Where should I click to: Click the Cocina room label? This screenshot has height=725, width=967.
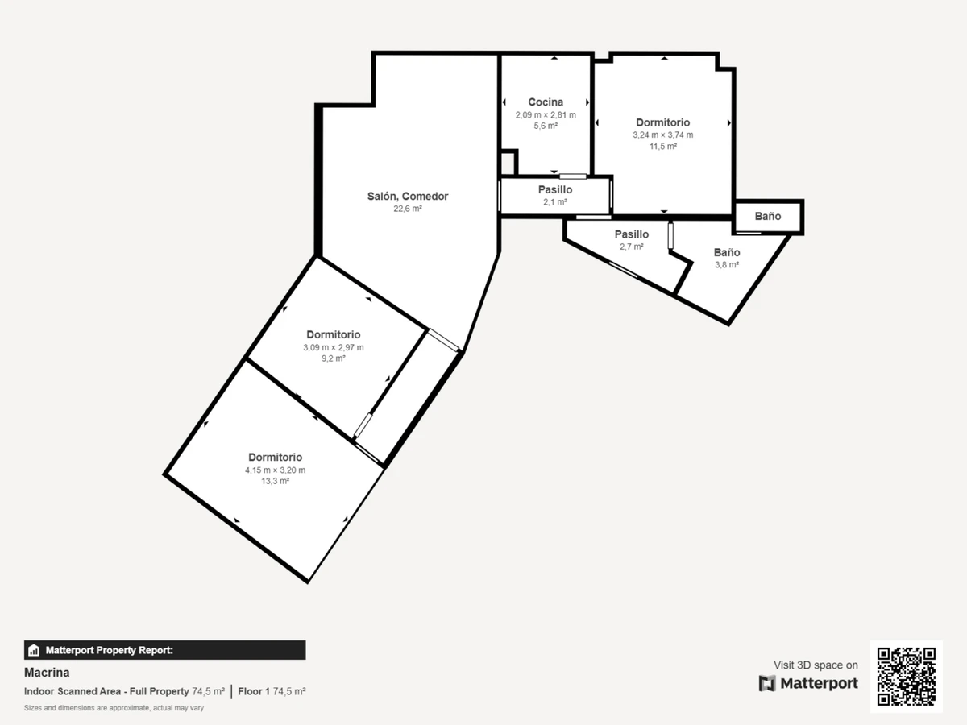[x=546, y=102]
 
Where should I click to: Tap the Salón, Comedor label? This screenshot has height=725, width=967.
[x=408, y=197]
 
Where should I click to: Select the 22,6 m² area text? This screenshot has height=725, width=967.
[x=408, y=209]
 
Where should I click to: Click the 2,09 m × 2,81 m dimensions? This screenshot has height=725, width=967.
[x=546, y=115]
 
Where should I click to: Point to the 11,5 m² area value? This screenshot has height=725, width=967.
[x=662, y=146]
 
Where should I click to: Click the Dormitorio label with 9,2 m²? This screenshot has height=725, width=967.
[x=333, y=334]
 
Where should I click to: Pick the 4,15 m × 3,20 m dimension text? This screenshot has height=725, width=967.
[x=275, y=470]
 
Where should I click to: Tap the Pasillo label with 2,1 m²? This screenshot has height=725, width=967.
[x=555, y=190]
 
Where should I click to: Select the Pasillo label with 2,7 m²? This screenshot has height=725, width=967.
[x=631, y=234]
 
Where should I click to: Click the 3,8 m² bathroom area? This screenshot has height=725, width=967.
[x=727, y=264]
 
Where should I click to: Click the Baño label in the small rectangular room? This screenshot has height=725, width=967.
[x=767, y=216]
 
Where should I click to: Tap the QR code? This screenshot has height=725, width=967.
[x=907, y=676]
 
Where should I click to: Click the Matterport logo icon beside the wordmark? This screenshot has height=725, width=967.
[x=767, y=684]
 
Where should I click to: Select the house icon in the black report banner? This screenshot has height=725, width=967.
[x=34, y=650]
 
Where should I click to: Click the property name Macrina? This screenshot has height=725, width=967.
[x=47, y=673]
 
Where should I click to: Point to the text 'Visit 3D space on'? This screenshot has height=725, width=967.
[x=816, y=665]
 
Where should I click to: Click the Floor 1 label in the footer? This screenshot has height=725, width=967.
[x=254, y=691]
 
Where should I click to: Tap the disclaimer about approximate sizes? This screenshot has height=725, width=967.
[x=114, y=708]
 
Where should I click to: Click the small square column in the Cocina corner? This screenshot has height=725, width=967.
[x=508, y=163]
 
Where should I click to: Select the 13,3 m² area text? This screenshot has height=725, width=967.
[x=275, y=481]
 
